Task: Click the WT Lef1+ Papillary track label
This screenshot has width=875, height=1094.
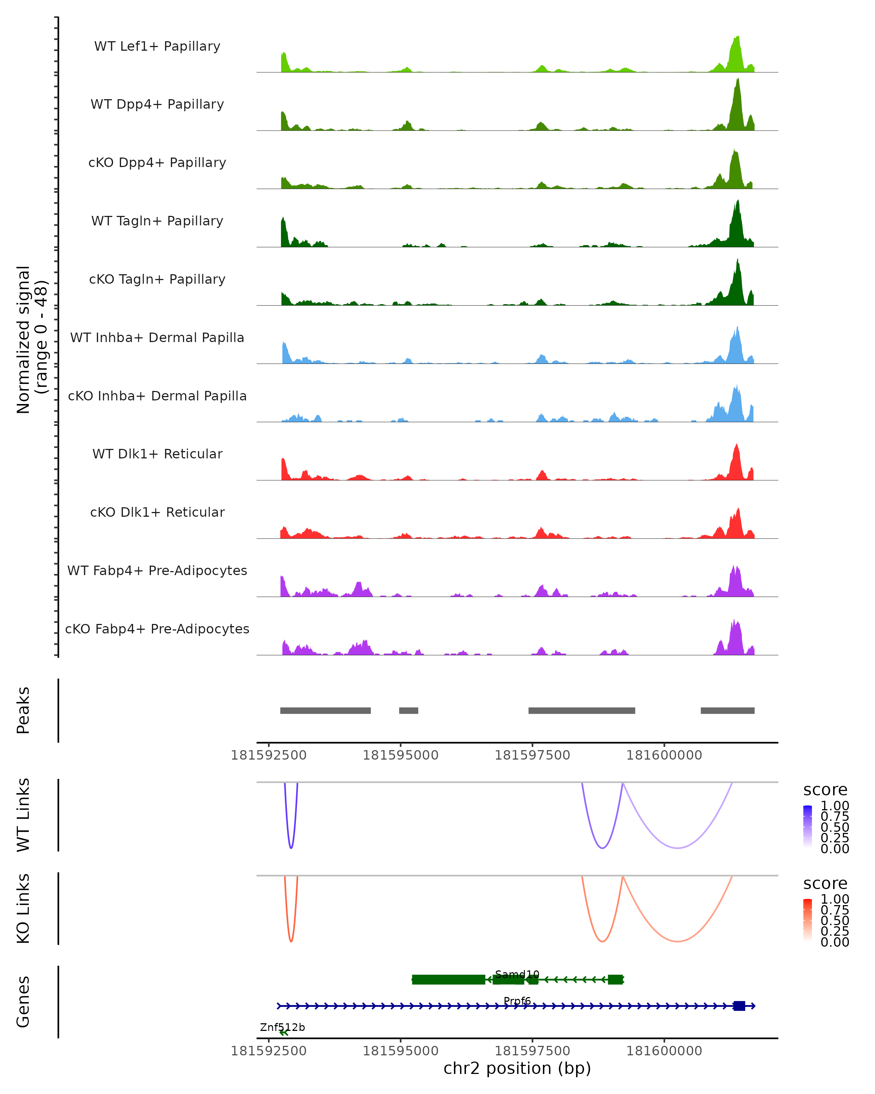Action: point(157,46)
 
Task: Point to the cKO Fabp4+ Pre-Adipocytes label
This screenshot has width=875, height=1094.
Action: point(157,629)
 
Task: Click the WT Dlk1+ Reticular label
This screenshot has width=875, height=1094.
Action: point(157,454)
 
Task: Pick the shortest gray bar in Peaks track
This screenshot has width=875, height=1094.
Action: point(408,710)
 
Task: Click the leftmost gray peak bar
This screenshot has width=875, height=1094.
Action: point(325,710)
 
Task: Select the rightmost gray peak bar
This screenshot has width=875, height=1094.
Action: point(727,710)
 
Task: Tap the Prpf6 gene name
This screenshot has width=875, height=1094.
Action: point(517,1001)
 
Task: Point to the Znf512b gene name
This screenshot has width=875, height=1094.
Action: point(282,1027)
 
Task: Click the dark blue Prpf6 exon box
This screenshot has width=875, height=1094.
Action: point(739,1006)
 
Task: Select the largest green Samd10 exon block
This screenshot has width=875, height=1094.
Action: point(448,979)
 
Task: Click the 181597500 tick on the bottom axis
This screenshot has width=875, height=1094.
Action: point(532,1050)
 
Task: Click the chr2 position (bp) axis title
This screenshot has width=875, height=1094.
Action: point(517,1068)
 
